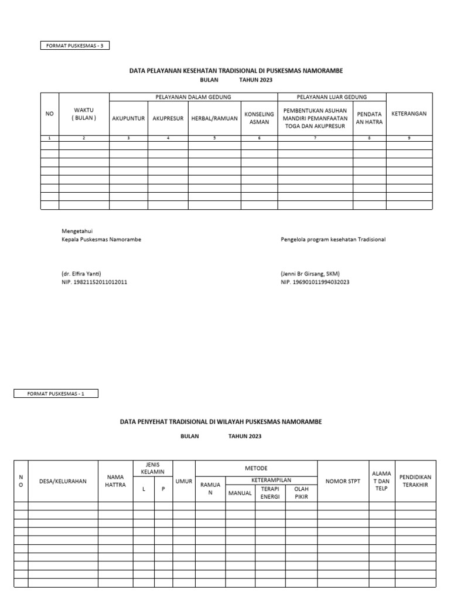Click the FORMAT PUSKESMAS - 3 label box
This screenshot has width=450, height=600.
pyautogui.click(x=74, y=45)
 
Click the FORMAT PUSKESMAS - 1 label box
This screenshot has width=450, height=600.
pyautogui.click(x=56, y=394)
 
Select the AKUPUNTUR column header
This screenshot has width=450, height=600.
pyautogui.click(x=128, y=118)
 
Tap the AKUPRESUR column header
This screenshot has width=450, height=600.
pyautogui.click(x=168, y=118)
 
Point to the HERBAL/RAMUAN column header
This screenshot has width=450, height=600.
pyautogui.click(x=214, y=118)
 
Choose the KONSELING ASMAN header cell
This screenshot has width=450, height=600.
pyautogui.click(x=259, y=118)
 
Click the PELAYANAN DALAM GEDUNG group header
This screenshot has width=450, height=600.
pyautogui.click(x=193, y=97)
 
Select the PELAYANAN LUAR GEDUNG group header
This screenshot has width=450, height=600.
pyautogui.click(x=332, y=97)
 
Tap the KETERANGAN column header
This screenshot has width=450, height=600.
pyautogui.click(x=409, y=114)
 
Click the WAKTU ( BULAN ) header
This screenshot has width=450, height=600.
pyautogui.click(x=84, y=114)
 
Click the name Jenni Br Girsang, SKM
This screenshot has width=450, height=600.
pyautogui.click(x=311, y=274)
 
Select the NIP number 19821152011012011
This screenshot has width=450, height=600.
pyautogui.click(x=94, y=282)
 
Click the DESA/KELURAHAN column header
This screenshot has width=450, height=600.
pyautogui.click(x=63, y=481)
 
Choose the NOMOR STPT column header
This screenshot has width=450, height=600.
pyautogui.click(x=343, y=481)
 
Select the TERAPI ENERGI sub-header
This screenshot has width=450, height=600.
pyautogui.click(x=270, y=493)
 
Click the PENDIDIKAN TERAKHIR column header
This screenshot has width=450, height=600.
pyautogui.click(x=416, y=481)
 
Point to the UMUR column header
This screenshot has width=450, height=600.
pyautogui.click(x=184, y=481)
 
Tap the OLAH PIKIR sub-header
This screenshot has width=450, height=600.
pyautogui.click(x=301, y=493)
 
